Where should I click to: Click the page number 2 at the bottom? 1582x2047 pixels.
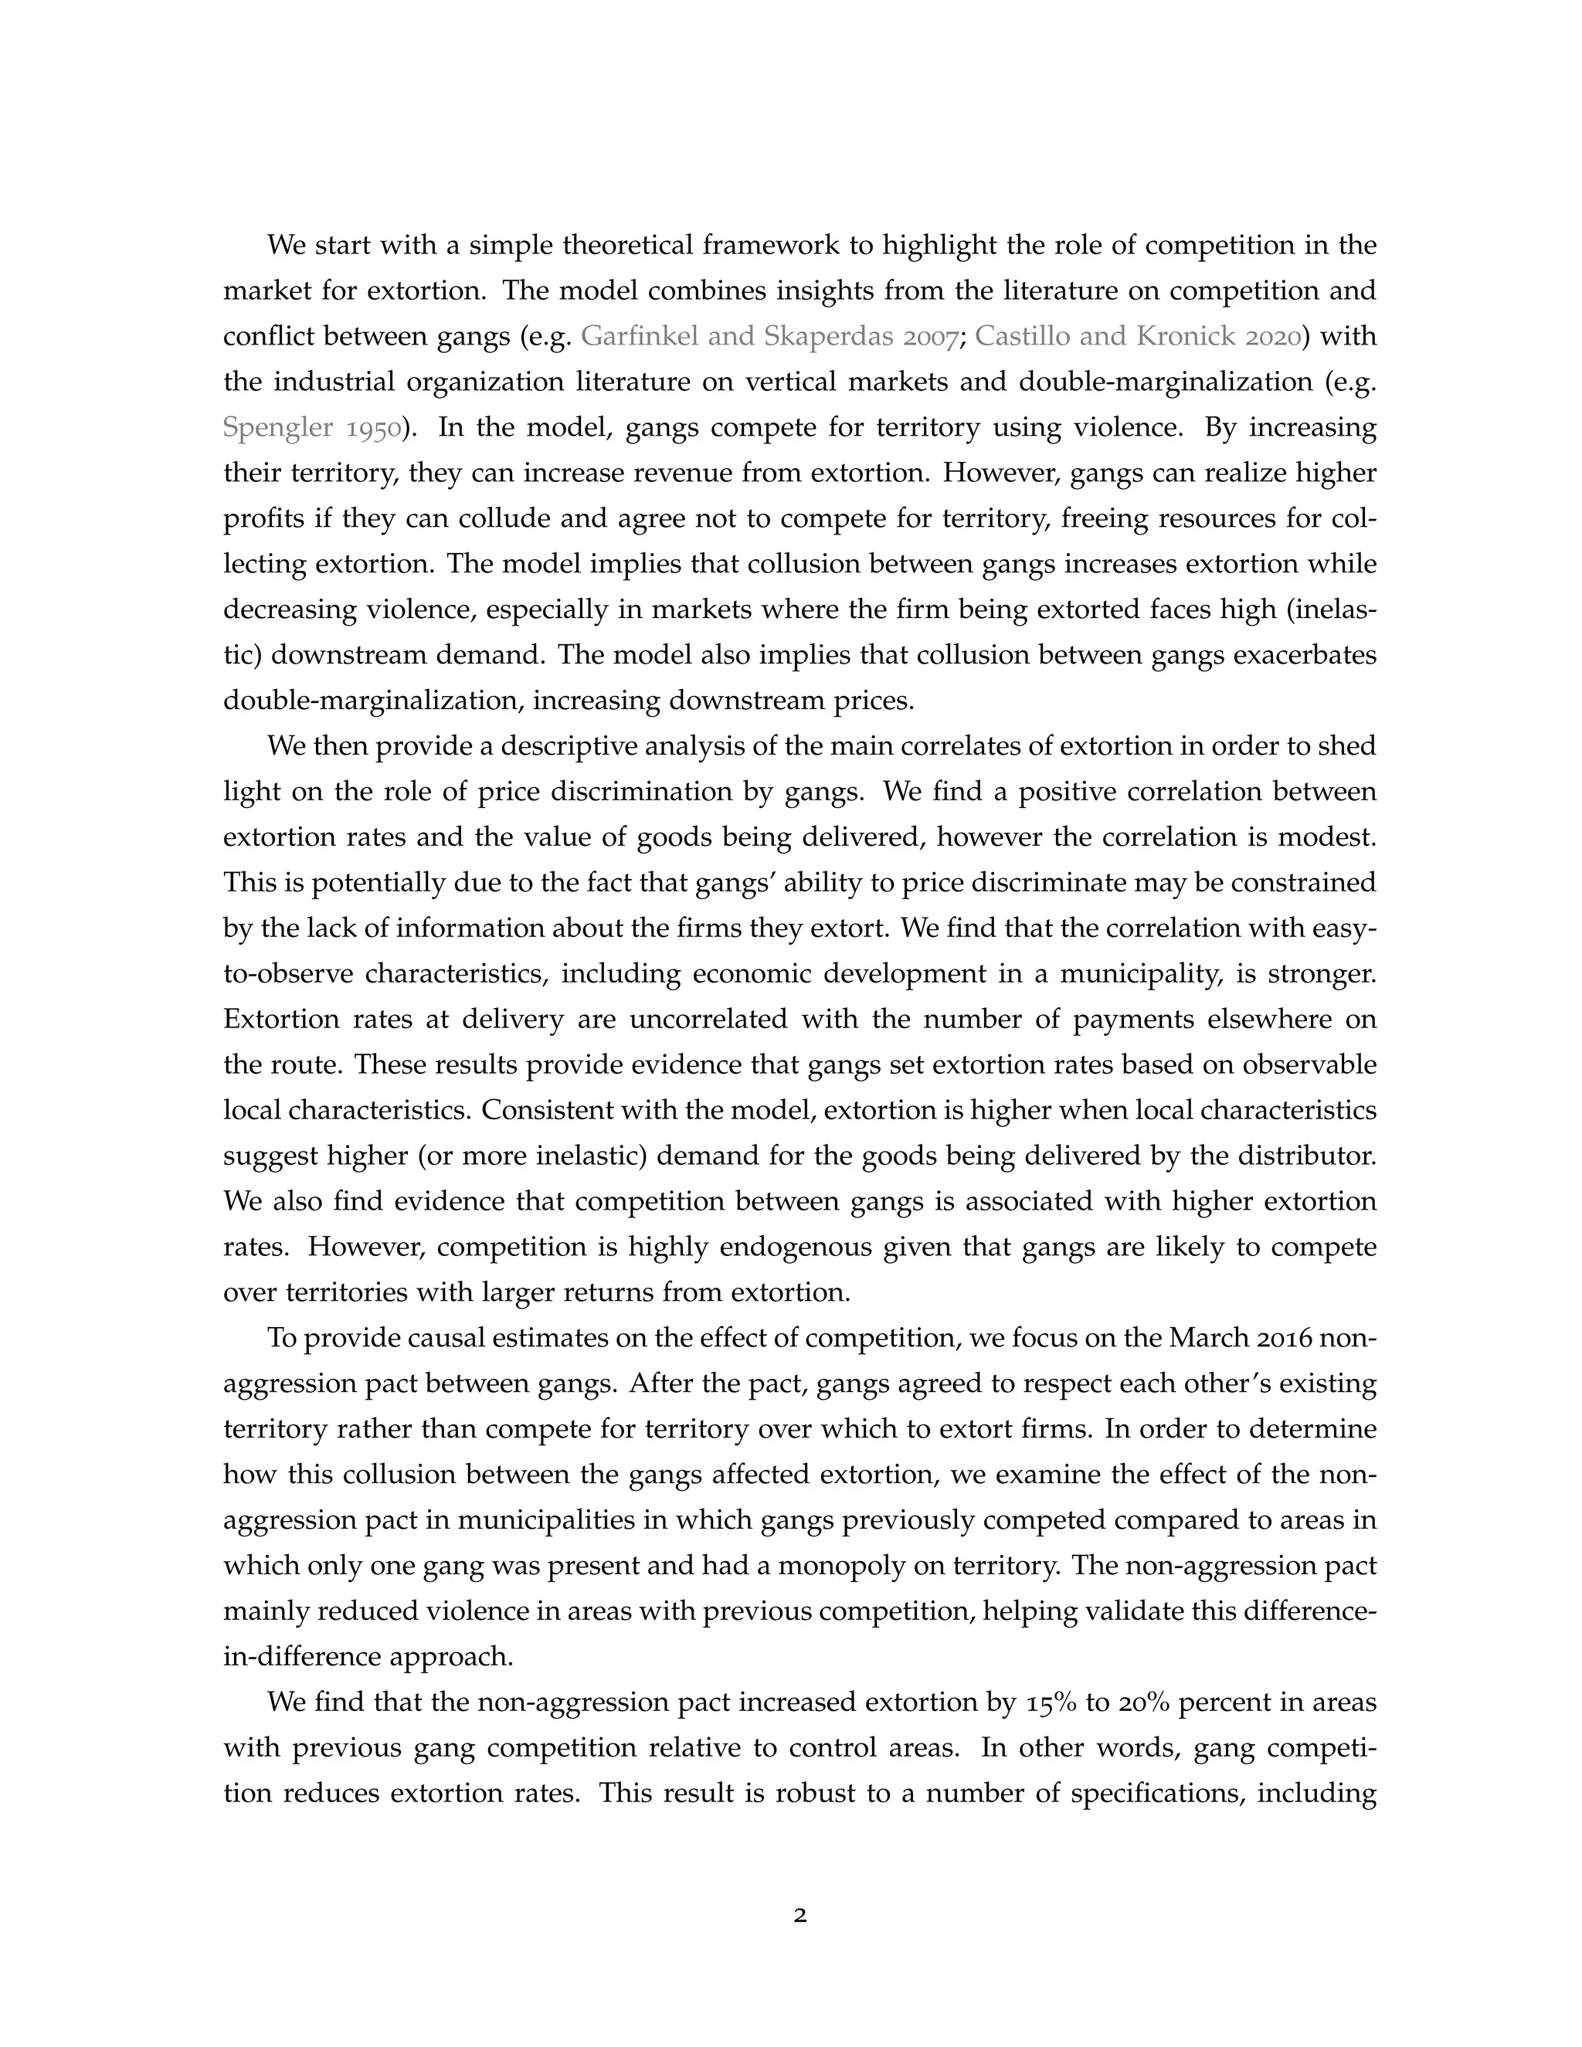(799, 1916)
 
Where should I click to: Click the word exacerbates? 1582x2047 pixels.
(1305, 655)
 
